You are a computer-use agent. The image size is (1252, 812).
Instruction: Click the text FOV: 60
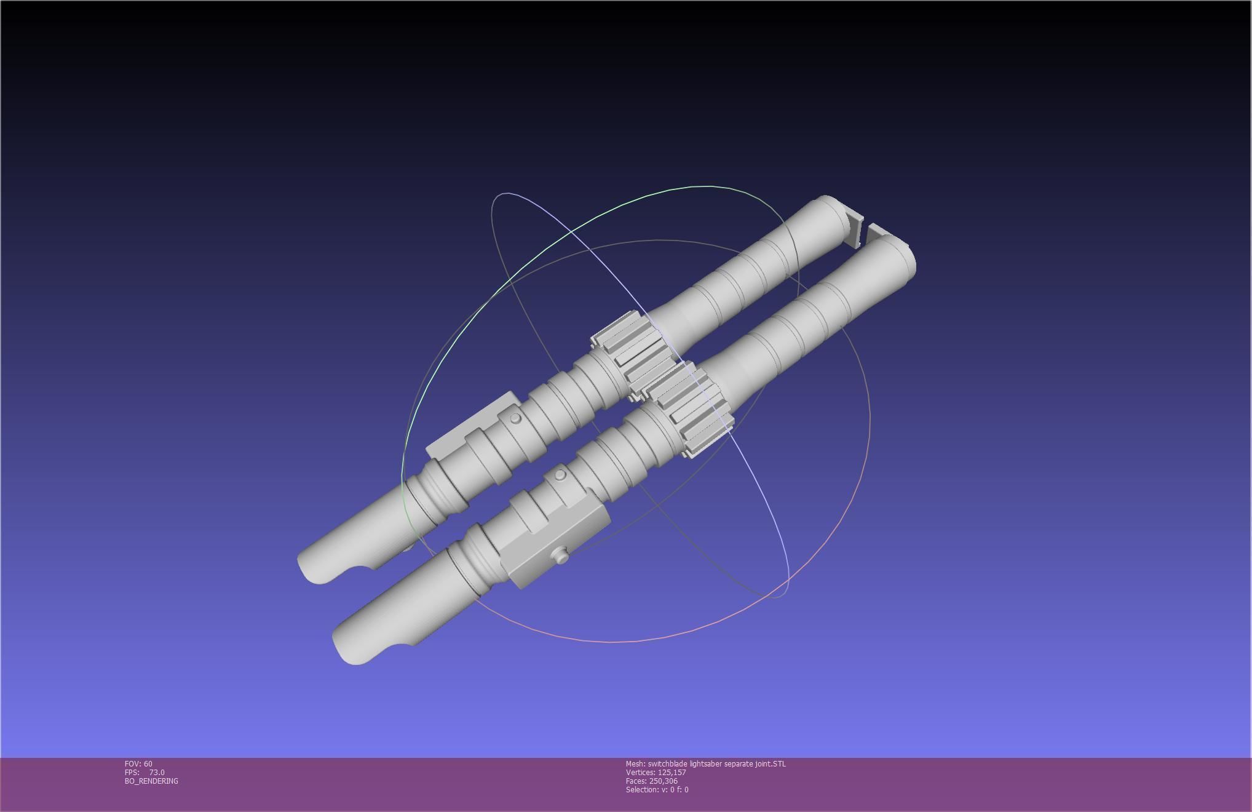138,763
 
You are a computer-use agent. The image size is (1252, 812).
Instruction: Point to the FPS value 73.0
156,772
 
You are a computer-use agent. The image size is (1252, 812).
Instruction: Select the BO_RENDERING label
151,781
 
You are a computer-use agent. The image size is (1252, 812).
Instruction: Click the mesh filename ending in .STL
705,763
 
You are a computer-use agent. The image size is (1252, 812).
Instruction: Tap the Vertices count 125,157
656,772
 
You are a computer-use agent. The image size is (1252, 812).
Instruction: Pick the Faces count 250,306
651,781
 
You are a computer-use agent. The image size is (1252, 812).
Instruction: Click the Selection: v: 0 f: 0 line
657,789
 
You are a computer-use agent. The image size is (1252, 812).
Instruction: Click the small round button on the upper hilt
516,418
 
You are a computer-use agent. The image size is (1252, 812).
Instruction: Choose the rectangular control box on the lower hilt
557,544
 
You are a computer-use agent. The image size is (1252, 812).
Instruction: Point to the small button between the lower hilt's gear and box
560,475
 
